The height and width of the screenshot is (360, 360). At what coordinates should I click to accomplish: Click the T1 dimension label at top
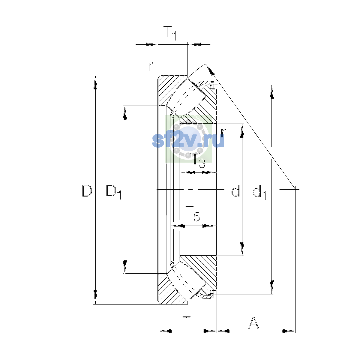pos(170,33)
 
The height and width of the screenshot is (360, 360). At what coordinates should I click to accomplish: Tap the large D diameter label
pos(87,191)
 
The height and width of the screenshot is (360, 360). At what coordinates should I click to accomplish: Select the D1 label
pos(114,192)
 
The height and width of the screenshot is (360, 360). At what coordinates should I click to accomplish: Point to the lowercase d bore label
pos(235,190)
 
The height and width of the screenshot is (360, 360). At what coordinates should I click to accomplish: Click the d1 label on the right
pos(259,193)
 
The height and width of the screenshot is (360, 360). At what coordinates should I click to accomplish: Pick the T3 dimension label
pos(198,160)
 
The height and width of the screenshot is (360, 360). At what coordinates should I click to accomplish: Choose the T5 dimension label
pos(192,214)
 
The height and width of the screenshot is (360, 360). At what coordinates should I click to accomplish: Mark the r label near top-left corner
pos(151,66)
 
